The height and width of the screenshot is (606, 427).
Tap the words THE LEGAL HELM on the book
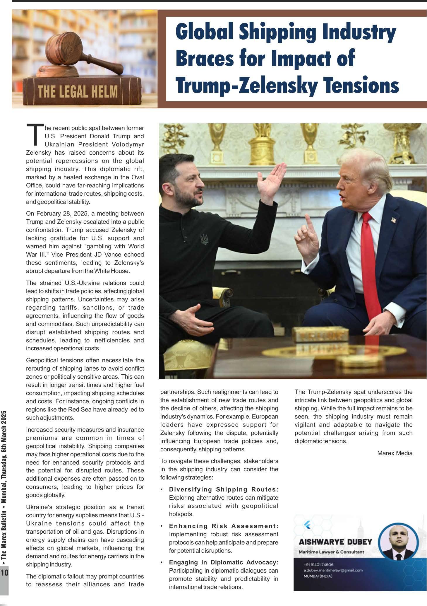point(78,91)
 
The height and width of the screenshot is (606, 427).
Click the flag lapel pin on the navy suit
point(393,219)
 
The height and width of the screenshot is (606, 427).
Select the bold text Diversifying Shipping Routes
point(224,489)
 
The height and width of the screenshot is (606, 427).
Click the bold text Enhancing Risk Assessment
point(224,526)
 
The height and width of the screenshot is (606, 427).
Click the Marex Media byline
point(395,453)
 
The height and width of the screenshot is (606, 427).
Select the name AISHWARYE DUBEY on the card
point(335,542)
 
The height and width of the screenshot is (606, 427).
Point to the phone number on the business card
point(318,564)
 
